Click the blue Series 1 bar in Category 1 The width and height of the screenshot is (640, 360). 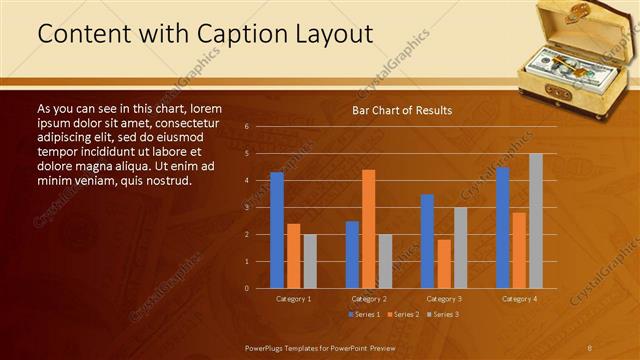tap(277, 230)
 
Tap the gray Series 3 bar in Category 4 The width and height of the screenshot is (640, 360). tap(536, 221)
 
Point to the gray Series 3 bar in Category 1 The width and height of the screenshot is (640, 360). tap(310, 261)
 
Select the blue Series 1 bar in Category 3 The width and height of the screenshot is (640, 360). tap(427, 241)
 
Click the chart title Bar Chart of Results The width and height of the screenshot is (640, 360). tap(402, 110)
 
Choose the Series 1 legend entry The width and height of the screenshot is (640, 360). tap(363, 315)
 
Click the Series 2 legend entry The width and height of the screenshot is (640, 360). tap(402, 315)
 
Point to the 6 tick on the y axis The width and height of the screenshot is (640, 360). tap(246, 127)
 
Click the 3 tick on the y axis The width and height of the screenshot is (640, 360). tap(246, 208)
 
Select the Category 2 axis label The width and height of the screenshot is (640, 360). tap(368, 299)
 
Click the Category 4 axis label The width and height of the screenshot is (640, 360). tap(519, 299)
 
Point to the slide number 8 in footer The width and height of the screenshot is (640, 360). tap(589, 346)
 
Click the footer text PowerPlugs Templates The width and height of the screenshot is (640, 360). tap(290, 346)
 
